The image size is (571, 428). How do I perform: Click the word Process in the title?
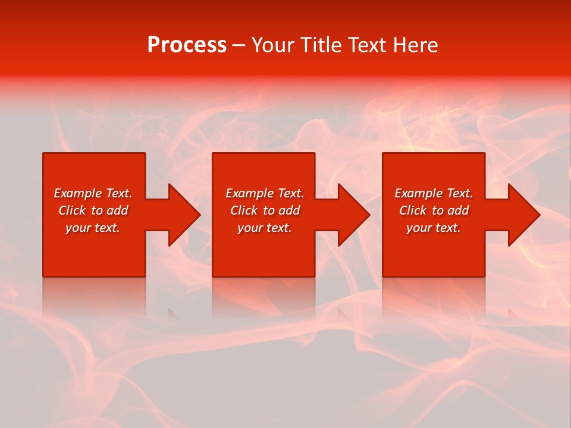pyautogui.click(x=187, y=45)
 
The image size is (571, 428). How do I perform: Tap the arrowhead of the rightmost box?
pyautogui.click(x=525, y=215)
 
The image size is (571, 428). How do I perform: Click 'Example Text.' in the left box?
pyautogui.click(x=93, y=193)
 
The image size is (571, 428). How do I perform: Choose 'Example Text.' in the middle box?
pyautogui.click(x=265, y=193)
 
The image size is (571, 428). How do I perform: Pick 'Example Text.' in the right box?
pyautogui.click(x=434, y=193)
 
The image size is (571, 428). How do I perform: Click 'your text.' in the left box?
pyautogui.click(x=93, y=228)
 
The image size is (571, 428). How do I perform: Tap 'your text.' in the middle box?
pyautogui.click(x=265, y=228)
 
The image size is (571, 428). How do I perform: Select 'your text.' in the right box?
pyautogui.click(x=434, y=228)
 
